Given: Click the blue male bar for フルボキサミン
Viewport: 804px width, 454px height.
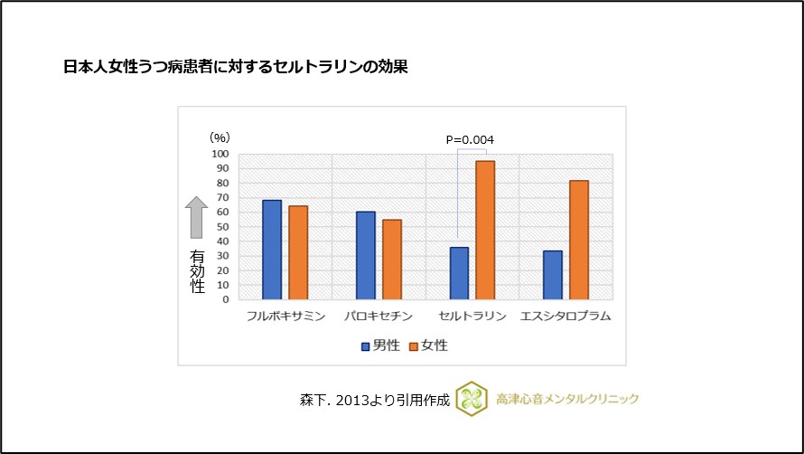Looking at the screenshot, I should pyautogui.click(x=272, y=250).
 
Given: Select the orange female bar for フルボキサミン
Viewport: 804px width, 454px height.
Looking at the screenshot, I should pyautogui.click(x=298, y=252).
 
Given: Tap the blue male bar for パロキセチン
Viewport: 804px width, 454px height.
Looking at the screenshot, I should pyautogui.click(x=366, y=255).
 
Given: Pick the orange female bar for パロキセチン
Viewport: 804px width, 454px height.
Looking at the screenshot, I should pyautogui.click(x=392, y=260).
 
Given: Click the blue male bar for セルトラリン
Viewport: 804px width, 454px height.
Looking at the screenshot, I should pyautogui.click(x=459, y=273).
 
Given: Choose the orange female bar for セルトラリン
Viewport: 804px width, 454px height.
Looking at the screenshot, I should pyautogui.click(x=485, y=230).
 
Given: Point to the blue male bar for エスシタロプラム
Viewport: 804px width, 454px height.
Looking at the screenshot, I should pyautogui.click(x=553, y=275).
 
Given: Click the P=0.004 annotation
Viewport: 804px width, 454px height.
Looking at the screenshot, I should pyautogui.click(x=471, y=139).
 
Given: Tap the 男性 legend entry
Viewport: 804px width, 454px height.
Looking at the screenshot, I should pyautogui.click(x=380, y=345).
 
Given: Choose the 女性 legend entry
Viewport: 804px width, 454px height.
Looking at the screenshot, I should pyautogui.click(x=429, y=345).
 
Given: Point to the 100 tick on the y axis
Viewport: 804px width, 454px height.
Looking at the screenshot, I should pyautogui.click(x=220, y=154).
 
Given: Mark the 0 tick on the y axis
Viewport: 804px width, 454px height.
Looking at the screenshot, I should pyautogui.click(x=226, y=299).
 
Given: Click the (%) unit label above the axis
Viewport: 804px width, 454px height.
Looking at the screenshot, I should pyautogui.click(x=220, y=137).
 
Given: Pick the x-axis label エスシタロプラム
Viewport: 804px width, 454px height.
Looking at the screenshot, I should pyautogui.click(x=566, y=317).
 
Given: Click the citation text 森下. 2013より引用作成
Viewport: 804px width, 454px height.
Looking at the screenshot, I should pyautogui.click(x=374, y=399).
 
